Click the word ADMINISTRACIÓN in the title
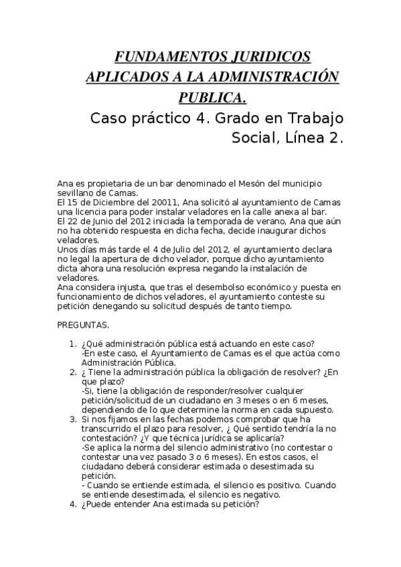click(x=270, y=77)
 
